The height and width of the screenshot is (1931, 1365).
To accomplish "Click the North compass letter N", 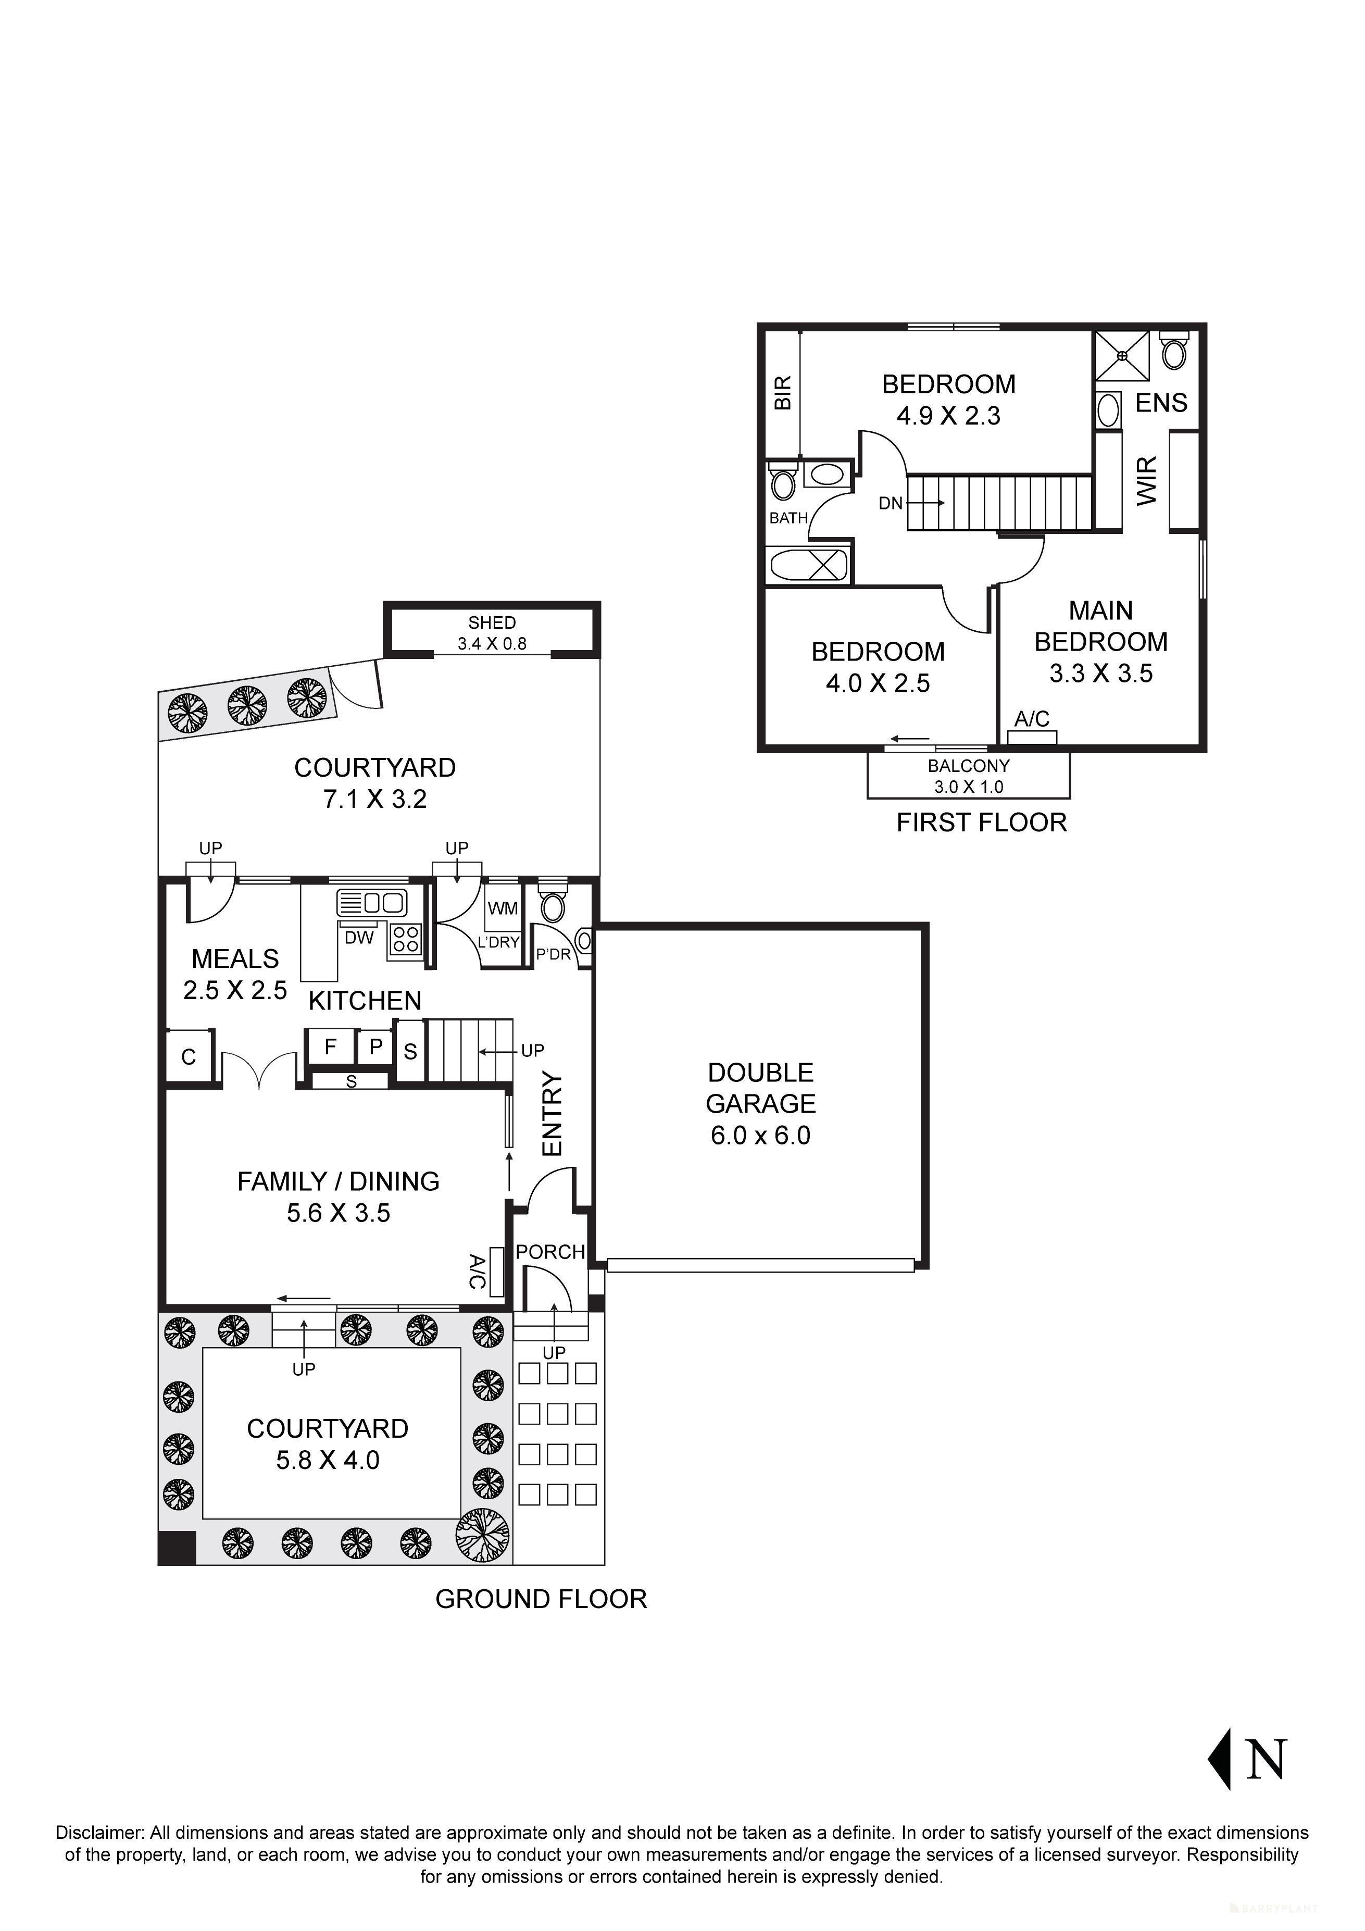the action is click(x=1266, y=1759).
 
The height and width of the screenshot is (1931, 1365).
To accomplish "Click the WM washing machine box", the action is click(x=503, y=908).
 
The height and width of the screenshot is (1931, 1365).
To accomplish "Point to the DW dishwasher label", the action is click(x=359, y=938).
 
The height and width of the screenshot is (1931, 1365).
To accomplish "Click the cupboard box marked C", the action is click(x=189, y=1057).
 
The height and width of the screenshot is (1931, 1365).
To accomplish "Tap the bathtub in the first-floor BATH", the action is click(x=807, y=564).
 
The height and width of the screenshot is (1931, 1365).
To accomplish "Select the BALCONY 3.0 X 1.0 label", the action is click(x=969, y=776).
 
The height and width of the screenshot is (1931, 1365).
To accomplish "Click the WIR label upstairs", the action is click(x=1147, y=481).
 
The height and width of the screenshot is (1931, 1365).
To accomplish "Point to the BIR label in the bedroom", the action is click(x=783, y=393).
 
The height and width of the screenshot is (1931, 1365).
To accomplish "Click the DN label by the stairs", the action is click(x=891, y=503).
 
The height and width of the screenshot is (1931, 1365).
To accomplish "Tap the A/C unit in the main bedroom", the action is click(x=1032, y=738).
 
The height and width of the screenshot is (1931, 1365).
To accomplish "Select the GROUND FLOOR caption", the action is click(x=541, y=1599).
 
